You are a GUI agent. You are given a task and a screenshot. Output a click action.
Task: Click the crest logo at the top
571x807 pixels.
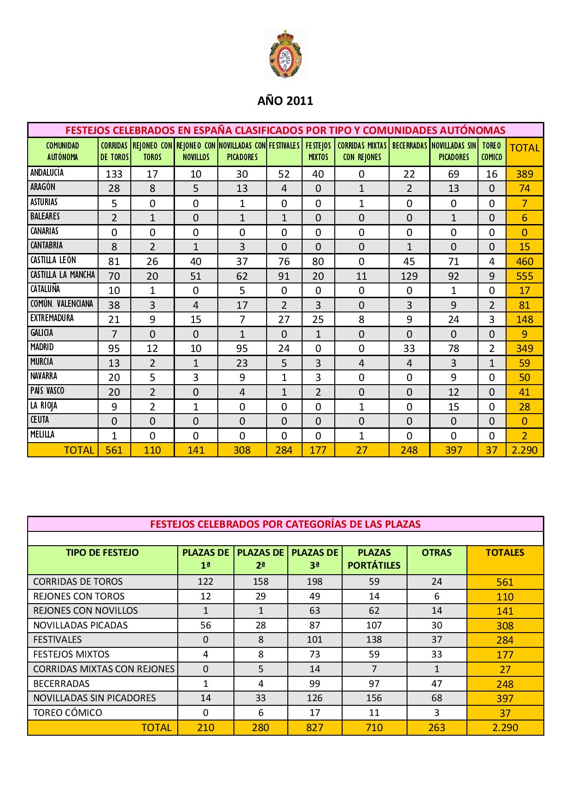coord(285,54)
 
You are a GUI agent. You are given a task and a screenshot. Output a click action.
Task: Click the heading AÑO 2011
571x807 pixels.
coord(285,101)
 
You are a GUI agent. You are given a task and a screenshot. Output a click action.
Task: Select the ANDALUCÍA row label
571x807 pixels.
coord(47,173)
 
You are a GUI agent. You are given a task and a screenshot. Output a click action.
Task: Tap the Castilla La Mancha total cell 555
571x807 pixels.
coord(524,276)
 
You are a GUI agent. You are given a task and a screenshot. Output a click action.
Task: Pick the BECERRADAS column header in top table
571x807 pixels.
coord(409,146)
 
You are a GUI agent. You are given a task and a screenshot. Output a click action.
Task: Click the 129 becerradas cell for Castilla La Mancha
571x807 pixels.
coord(409,276)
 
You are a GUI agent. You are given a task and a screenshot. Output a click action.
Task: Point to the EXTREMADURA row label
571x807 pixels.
coord(46,318)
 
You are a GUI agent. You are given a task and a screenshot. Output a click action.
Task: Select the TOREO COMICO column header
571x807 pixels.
coord(491,151)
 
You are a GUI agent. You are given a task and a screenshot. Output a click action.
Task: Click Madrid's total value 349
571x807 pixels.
coord(524,348)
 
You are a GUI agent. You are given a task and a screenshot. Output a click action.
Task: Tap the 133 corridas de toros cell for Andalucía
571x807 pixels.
coord(114,174)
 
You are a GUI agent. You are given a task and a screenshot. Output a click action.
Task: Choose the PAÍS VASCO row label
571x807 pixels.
coord(47,391)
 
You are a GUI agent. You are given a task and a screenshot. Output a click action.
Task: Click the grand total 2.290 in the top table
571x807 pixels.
coord(524,450)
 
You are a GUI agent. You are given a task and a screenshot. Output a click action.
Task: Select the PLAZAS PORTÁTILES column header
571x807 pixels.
coord(374,559)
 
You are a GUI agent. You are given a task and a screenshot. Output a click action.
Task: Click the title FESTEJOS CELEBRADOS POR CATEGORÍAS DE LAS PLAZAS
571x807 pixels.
coord(285,524)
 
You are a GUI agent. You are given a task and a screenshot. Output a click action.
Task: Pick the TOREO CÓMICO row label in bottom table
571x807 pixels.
coord(68,713)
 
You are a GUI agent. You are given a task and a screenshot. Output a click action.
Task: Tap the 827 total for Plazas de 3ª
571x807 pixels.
coord(315,727)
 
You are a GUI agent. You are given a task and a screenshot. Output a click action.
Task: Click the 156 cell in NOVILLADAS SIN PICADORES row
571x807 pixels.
coord(374,698)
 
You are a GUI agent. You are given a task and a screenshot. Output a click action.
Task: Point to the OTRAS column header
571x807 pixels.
coord(437,553)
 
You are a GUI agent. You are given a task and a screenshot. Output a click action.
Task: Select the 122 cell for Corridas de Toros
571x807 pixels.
coord(205,582)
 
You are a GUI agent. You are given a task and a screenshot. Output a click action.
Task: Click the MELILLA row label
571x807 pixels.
coord(42,435)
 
